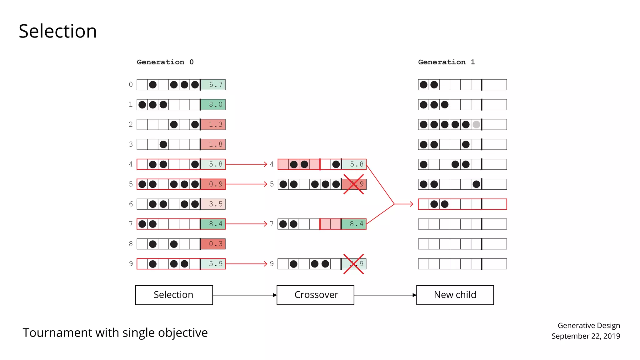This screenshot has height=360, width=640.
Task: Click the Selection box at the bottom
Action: (174, 295)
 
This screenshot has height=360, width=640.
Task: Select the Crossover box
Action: (315, 295)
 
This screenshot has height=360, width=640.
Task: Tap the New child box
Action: (455, 295)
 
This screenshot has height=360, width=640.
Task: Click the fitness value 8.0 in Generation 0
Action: (213, 104)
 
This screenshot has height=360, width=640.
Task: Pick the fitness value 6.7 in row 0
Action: (213, 84)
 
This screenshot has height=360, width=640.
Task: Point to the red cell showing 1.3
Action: (213, 124)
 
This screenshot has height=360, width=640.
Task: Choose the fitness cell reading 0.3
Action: (213, 244)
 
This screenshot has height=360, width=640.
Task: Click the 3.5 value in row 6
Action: (213, 204)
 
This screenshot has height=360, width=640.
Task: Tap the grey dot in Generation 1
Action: (476, 124)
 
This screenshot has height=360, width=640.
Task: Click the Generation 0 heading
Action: (165, 62)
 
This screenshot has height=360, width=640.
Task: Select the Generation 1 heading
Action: (446, 62)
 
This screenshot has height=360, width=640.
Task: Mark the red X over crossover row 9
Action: (353, 264)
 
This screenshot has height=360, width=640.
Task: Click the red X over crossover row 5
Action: (353, 184)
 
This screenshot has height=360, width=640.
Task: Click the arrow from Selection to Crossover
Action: (244, 295)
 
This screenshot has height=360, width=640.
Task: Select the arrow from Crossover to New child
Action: (385, 295)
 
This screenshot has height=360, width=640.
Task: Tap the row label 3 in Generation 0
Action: (131, 144)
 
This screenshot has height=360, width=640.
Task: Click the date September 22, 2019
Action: (586, 336)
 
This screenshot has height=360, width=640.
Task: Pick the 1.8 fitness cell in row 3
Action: (213, 144)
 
